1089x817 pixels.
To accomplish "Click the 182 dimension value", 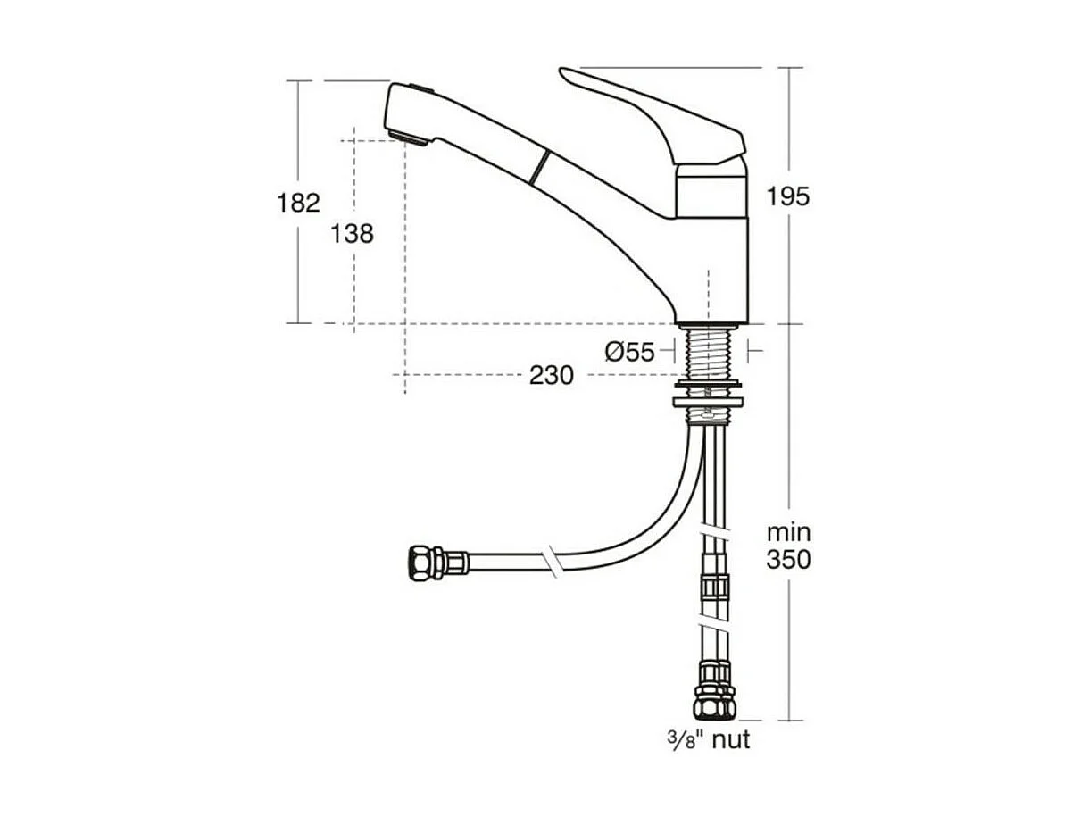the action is point(298,203).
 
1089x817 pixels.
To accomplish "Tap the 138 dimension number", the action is point(352,234).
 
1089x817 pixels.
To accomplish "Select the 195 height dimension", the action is point(788,196).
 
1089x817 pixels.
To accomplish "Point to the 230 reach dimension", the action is point(552,376).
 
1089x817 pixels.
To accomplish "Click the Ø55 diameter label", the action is point(629,352).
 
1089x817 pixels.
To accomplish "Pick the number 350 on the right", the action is point(788,559).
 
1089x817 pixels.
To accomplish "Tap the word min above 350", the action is point(789,533).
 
